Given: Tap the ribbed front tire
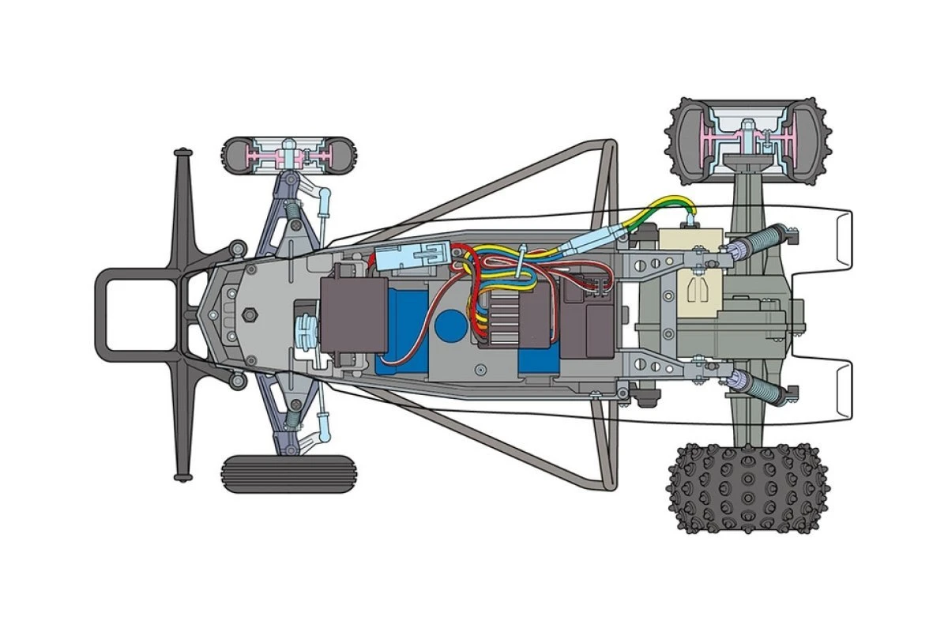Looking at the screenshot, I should (x=289, y=474).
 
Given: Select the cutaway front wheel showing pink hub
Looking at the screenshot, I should (x=289, y=156).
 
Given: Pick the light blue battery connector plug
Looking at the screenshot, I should (x=408, y=256).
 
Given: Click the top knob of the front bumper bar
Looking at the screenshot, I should (x=181, y=152).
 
